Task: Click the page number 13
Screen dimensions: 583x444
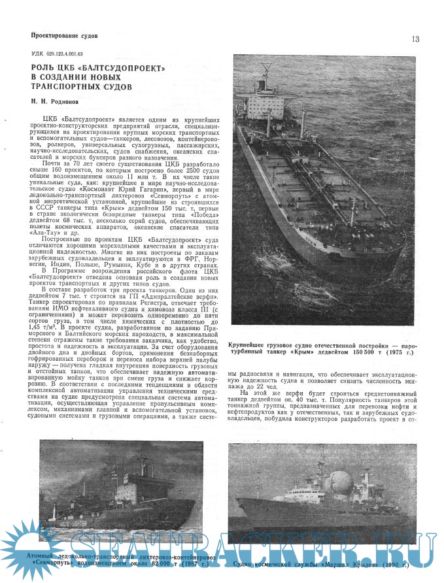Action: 415,39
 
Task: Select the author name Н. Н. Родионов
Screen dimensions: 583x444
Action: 60,101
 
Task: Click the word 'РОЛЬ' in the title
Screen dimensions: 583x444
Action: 44,67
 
